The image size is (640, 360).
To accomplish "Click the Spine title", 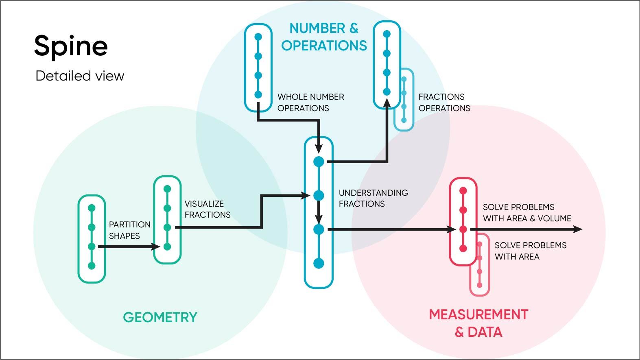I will click(71, 46).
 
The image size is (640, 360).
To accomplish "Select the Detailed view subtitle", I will click(80, 76).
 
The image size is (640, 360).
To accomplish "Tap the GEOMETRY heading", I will click(160, 317).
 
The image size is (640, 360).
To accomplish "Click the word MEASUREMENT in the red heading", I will click(478, 314).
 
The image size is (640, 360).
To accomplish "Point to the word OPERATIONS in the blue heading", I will click(324, 46).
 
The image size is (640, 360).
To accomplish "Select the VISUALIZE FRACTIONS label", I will click(208, 209).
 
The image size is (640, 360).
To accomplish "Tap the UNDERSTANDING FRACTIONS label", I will click(373, 198).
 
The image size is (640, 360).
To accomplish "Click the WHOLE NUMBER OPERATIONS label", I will click(310, 103).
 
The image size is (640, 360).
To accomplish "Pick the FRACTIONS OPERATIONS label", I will click(444, 103).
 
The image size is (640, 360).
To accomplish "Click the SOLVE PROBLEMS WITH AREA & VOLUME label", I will click(526, 213).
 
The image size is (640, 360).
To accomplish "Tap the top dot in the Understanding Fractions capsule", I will click(319, 162).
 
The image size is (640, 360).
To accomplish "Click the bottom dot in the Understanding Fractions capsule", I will click(319, 264).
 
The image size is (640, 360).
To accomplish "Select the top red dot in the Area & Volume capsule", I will click(463, 191).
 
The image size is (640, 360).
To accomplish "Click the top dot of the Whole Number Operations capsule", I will click(258, 37).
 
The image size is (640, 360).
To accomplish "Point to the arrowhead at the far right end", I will click(578, 229).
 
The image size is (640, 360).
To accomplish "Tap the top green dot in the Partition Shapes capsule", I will click(92, 208).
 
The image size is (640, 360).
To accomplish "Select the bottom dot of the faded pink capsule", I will click(480, 284).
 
